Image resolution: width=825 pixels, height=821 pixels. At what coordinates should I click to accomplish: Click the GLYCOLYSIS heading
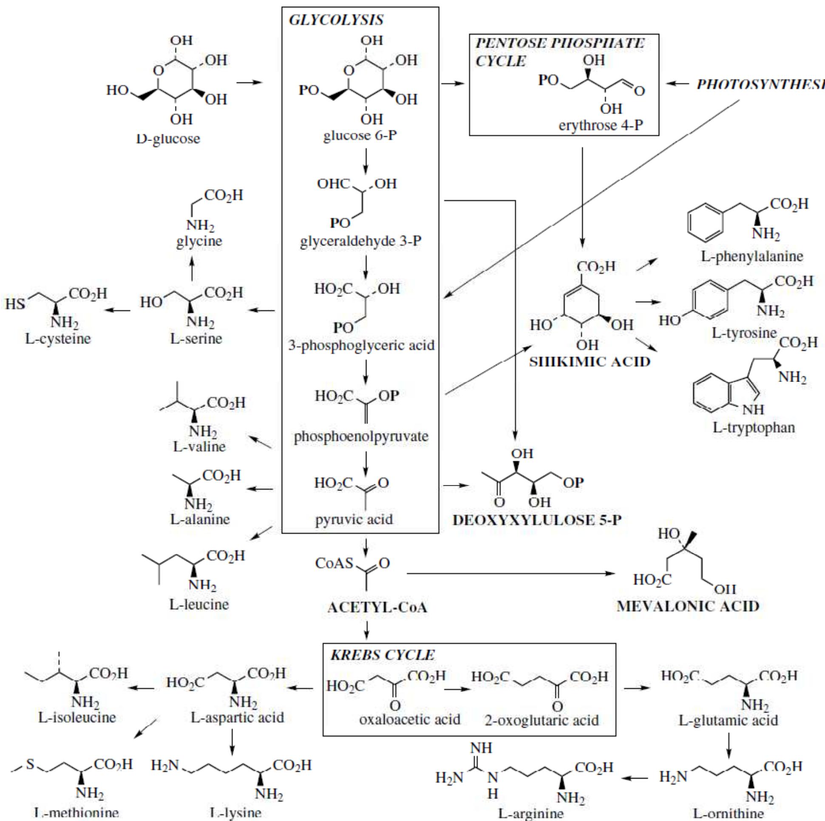336,20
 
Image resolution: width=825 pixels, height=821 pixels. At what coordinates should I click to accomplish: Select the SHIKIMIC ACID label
590,362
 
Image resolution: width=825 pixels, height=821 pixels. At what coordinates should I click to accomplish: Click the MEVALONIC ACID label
688,606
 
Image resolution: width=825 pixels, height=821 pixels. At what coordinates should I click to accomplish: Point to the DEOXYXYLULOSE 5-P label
537,520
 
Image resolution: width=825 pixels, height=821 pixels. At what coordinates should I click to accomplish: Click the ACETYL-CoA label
377,608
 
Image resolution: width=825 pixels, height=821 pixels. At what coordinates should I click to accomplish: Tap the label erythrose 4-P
601,125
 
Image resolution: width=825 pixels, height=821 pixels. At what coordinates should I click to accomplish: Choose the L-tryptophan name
754,427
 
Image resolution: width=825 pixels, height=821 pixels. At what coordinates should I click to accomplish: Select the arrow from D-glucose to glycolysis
249,82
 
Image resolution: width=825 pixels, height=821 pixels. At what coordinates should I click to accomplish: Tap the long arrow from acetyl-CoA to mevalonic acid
510,573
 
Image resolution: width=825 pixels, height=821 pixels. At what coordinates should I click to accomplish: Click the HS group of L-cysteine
15,304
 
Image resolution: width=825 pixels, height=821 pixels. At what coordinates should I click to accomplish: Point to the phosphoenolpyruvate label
361,436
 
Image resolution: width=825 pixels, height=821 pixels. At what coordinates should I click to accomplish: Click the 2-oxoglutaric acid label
541,720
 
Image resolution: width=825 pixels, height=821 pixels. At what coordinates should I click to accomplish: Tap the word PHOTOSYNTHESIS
760,85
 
